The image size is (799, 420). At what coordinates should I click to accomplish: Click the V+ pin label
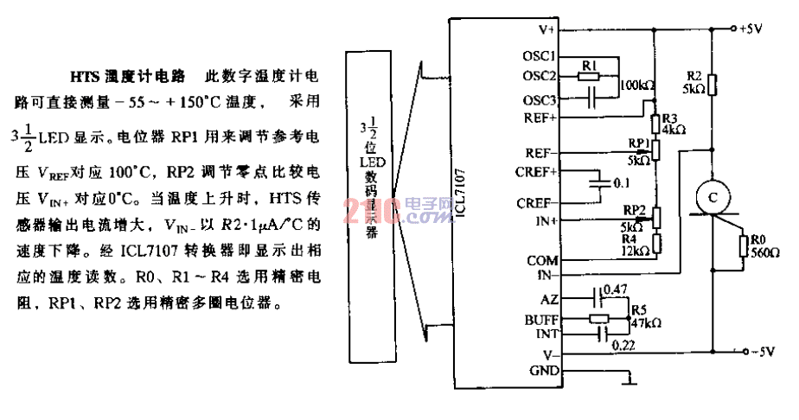547,29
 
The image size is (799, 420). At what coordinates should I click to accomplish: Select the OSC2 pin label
540,74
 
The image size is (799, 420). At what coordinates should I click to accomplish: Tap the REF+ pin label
541,116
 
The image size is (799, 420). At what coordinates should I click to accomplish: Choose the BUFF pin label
542,319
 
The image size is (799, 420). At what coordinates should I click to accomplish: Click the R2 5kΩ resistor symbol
712,85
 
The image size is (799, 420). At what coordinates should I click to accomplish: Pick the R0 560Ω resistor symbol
743,247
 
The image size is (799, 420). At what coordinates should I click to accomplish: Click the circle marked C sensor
713,197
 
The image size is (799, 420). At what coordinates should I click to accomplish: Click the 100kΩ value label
638,86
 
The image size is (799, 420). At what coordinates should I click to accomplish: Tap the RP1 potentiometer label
638,143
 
